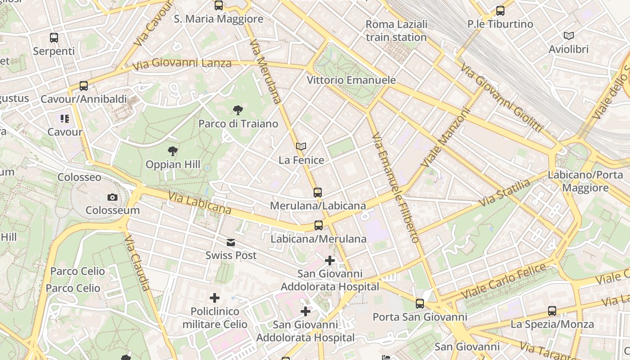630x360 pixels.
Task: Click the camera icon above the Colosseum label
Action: [112, 197]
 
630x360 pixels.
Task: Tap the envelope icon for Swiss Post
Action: [231, 243]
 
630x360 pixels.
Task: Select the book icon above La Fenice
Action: [301, 147]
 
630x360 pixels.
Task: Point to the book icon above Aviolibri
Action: [569, 36]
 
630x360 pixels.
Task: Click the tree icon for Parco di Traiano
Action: [238, 110]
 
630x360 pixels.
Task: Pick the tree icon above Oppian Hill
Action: [172, 151]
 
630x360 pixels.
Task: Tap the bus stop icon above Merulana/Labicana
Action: [318, 193]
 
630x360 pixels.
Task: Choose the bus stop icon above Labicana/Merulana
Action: [319, 225]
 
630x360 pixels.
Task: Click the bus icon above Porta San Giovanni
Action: [420, 304]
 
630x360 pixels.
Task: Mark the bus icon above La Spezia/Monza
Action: [552, 310]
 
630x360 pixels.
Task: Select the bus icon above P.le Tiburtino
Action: [500, 11]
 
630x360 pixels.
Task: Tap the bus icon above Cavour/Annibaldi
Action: [84, 85]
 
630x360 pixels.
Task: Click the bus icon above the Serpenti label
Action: [54, 38]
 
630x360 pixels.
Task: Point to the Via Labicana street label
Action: [200, 203]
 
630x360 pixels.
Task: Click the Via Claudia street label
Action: [137, 262]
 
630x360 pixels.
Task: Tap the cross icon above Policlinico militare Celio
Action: [215, 298]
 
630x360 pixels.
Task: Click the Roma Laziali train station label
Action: [396, 31]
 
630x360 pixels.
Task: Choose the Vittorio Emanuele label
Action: [351, 80]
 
